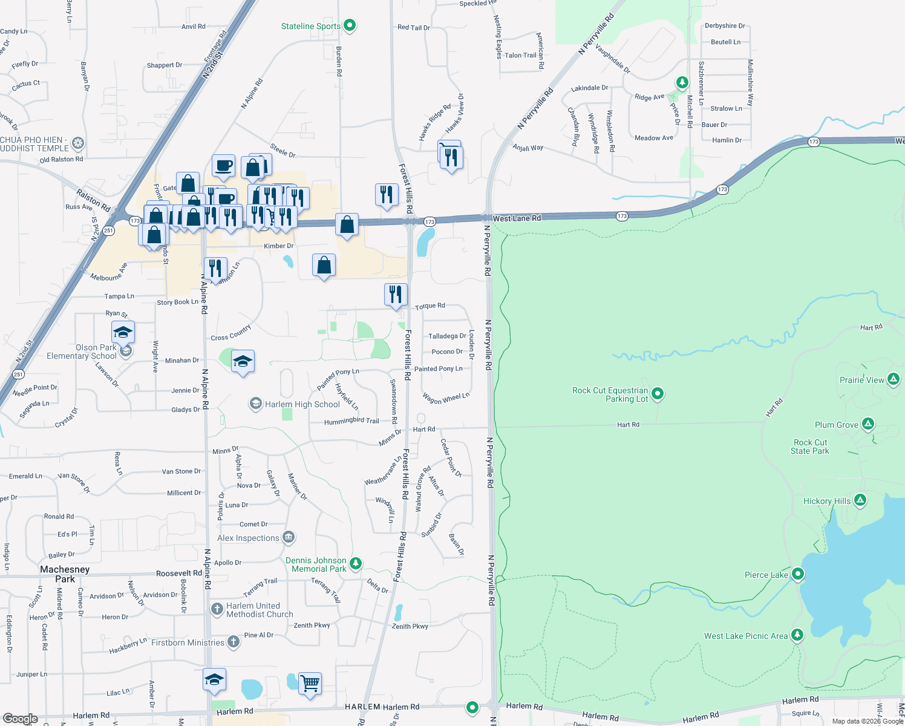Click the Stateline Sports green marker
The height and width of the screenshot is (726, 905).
[350, 25]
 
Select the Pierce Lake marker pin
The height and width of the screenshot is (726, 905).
[798, 574]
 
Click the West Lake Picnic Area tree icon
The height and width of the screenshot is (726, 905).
[797, 635]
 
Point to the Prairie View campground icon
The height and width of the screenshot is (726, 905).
[894, 379]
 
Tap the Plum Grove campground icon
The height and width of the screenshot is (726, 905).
[868, 424]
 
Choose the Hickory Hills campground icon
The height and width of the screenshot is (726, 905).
[860, 500]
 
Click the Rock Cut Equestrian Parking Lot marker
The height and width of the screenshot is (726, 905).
[658, 394]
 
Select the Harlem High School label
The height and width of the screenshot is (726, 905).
[302, 404]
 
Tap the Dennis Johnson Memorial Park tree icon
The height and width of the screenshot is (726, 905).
[356, 563]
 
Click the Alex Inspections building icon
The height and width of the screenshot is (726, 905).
[289, 537]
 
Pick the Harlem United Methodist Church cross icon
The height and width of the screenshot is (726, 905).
[217, 609]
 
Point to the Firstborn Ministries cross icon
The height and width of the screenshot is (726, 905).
[234, 642]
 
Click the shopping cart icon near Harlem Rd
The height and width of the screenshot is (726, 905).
[310, 683]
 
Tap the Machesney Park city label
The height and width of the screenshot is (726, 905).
[65, 574]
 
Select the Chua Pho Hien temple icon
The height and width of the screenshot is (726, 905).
[78, 143]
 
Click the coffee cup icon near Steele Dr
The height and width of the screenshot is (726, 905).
[223, 165]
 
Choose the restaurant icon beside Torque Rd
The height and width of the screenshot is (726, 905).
[396, 294]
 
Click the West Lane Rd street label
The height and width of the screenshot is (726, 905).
[517, 218]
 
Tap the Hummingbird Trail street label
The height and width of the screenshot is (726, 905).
[351, 421]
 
